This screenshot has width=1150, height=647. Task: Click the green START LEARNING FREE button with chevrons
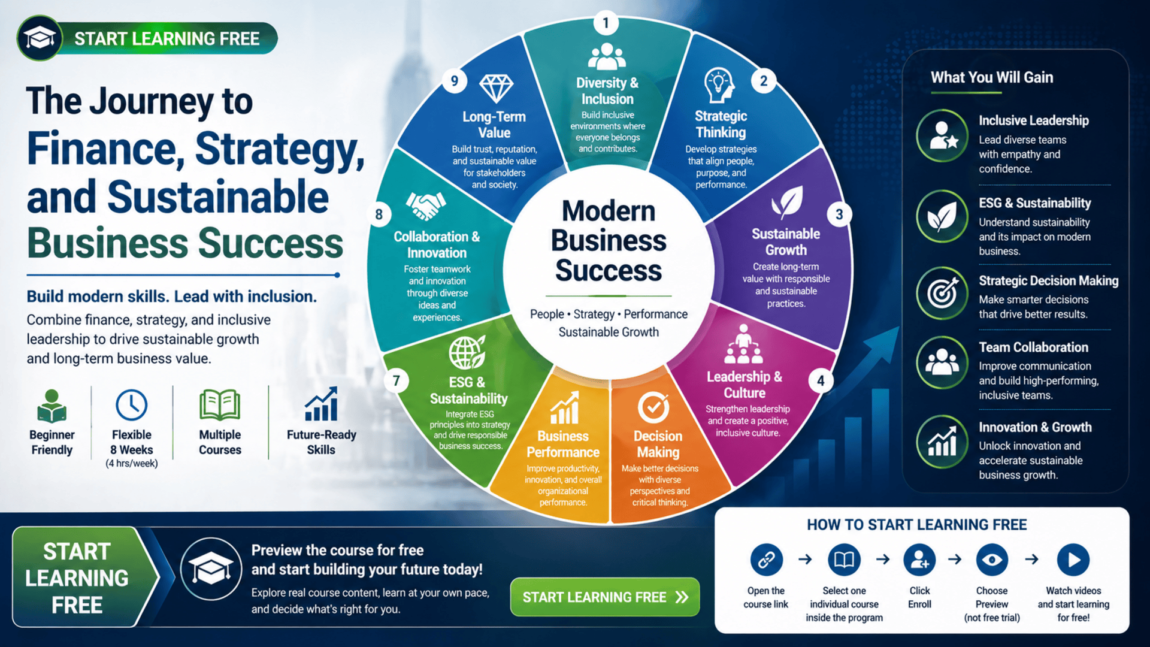605,597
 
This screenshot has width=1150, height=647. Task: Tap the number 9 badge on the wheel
455,81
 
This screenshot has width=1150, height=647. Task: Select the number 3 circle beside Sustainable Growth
839,214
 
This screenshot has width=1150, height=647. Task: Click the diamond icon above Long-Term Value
496,89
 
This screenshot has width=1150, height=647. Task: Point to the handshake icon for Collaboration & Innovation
426,205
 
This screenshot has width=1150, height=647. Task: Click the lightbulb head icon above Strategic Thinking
719,85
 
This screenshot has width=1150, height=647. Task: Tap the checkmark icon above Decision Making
653,407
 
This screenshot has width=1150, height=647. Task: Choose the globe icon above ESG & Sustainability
467,352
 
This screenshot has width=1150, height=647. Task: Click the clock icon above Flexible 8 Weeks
132,405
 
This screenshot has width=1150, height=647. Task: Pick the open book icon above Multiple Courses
220,405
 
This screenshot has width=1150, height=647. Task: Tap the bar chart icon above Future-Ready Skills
322,404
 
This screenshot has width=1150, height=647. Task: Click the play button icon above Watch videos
1073,560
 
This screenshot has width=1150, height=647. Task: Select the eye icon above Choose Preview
992,560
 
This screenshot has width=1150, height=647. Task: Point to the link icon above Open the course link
766,560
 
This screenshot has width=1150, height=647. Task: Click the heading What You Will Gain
992,77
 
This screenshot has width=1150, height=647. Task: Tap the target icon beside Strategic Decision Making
942,293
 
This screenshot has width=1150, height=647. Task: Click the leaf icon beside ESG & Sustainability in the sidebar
942,216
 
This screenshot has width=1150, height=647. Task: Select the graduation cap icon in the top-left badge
40,39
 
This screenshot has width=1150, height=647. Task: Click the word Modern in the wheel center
609,211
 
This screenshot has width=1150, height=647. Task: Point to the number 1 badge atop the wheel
606,23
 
